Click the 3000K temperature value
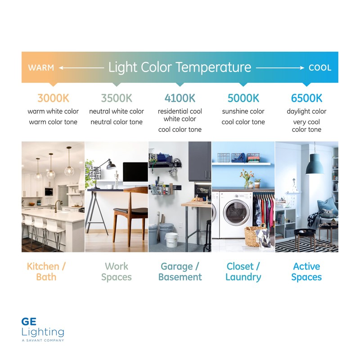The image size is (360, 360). [53, 98]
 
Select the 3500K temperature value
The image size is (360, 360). [117, 98]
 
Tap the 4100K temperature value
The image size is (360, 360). [180, 98]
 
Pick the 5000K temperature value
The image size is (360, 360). [243, 98]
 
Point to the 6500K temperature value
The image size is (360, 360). [306, 98]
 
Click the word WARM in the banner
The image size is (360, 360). [41, 68]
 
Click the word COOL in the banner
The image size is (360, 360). [320, 68]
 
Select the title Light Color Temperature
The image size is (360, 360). [180, 67]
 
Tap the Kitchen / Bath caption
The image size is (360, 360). [46, 271]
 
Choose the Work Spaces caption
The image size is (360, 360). [117, 271]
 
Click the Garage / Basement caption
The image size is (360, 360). [180, 271]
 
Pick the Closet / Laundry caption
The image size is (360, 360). [243, 271]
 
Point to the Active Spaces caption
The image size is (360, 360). [306, 271]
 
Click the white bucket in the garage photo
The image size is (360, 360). [171, 239]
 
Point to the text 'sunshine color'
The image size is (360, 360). [243, 111]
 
